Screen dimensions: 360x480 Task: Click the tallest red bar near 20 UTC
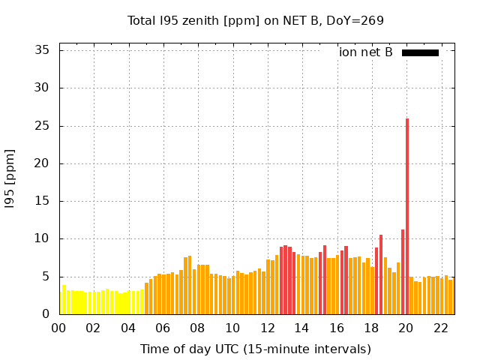(x=407, y=217)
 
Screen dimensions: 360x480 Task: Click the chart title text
(x=256, y=20)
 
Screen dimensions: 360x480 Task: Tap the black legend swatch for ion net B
(x=420, y=52)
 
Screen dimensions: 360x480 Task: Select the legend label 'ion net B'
(x=366, y=52)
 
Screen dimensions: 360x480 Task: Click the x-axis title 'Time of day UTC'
(x=256, y=349)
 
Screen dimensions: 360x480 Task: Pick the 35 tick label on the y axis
(x=42, y=50)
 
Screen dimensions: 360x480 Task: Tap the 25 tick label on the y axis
(x=42, y=126)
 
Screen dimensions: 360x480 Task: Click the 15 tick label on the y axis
(x=42, y=201)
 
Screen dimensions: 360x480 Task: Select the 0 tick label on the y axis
(x=46, y=314)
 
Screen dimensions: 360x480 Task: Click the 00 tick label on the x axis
(x=59, y=328)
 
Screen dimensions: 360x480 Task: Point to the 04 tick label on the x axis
(x=129, y=328)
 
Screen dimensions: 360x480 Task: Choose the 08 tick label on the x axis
(x=198, y=328)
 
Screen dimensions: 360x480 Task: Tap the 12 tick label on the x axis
(x=268, y=328)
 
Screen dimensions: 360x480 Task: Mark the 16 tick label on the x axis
(x=337, y=328)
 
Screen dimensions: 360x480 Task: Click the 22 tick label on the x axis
(x=441, y=328)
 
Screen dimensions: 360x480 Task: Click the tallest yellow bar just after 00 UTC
(x=64, y=300)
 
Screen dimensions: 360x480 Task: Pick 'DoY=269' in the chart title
(x=356, y=20)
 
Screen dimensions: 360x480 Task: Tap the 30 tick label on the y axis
(x=42, y=88)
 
